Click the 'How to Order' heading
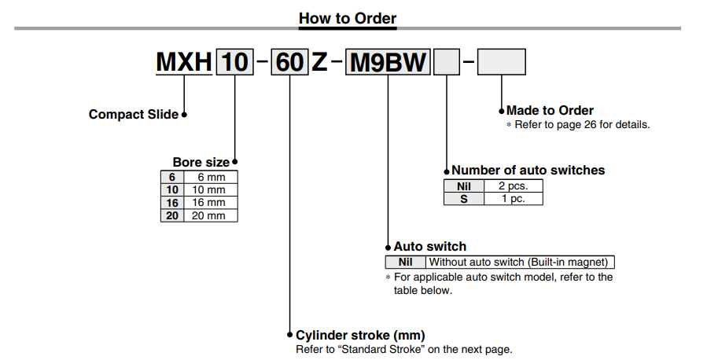coord(348,17)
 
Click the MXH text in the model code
coord(183,62)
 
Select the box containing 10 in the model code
coord(234,62)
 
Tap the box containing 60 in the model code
coord(289,62)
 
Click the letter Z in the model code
coord(319,62)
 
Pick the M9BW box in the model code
coord(388,62)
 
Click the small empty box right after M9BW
coord(447,62)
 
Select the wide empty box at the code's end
coord(501,62)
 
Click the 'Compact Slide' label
coord(134,115)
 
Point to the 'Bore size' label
coord(201,163)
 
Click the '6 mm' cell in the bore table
coord(209,178)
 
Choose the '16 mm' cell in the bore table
coord(209,203)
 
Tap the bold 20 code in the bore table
coord(171,215)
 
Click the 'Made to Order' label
coord(550,111)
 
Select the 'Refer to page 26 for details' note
coord(582,124)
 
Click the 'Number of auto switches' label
coord(528,170)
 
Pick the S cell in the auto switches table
coord(463,198)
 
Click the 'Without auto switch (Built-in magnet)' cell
coord(520,263)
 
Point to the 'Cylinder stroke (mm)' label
coord(360,335)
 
